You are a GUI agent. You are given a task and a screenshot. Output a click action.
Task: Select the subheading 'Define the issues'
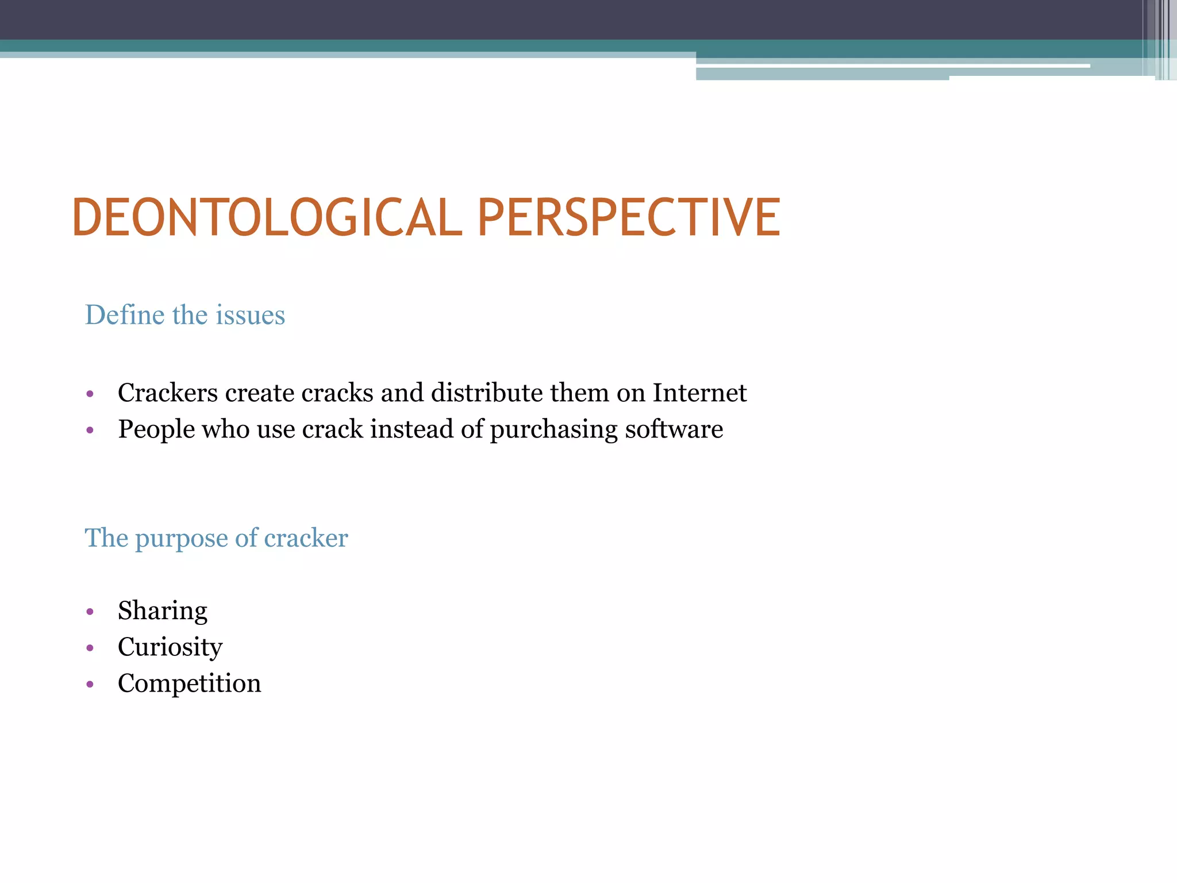(x=185, y=315)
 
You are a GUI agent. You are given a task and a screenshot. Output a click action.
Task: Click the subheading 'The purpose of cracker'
(x=216, y=538)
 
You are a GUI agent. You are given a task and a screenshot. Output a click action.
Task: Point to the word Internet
(x=699, y=393)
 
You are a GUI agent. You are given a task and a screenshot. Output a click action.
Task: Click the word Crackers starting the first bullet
(x=168, y=393)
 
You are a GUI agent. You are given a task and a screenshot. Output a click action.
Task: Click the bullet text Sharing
(x=163, y=611)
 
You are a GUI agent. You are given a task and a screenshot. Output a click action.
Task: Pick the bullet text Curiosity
(x=170, y=647)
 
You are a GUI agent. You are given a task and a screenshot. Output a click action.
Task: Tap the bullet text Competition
(x=189, y=684)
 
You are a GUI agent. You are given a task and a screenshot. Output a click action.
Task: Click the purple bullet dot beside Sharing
(x=90, y=612)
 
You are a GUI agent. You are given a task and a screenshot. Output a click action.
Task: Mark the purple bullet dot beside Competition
(x=90, y=684)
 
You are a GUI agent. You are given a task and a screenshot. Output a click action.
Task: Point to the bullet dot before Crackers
(x=90, y=394)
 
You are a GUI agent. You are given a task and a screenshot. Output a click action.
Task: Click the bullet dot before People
(x=90, y=430)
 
